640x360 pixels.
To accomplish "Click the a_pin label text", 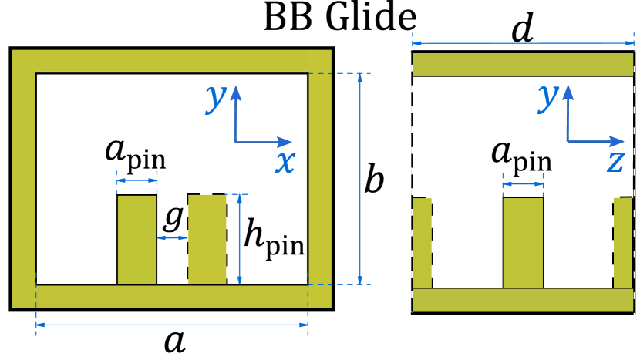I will [521, 154].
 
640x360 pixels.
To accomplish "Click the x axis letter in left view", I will [285, 162].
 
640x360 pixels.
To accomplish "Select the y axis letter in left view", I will [217, 98].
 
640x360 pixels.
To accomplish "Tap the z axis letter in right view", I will [615, 161].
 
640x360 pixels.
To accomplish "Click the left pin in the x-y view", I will [136, 239].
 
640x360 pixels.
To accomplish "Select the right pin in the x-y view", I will [207, 239].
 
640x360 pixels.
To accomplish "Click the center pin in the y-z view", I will [523, 242].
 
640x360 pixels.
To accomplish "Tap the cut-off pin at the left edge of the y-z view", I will [422, 243].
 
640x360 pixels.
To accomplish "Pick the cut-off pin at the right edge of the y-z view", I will [623, 243].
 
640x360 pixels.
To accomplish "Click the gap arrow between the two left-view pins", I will [172, 238].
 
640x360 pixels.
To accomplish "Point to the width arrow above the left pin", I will [136, 181].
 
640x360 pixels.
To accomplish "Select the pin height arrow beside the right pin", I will [240, 239].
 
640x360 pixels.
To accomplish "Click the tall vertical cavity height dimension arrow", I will [360, 179].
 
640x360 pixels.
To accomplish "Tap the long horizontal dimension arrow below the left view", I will [172, 325].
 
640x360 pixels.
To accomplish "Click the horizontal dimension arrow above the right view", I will [523, 44].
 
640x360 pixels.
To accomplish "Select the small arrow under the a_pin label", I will [523, 185].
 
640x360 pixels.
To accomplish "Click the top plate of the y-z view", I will [523, 65].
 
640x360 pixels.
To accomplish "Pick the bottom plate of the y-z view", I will [523, 300].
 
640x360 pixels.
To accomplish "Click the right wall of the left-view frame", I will [320, 177].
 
